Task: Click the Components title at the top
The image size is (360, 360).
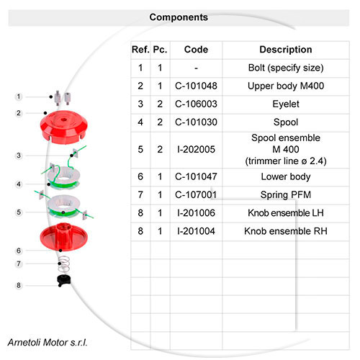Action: pyautogui.click(x=179, y=17)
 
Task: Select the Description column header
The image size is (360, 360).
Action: pyautogui.click(x=286, y=50)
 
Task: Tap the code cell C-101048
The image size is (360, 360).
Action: pyautogui.click(x=196, y=86)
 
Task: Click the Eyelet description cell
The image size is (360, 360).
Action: pyautogui.click(x=286, y=104)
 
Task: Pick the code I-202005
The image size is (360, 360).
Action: pyautogui.click(x=196, y=150)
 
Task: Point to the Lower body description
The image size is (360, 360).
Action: pyautogui.click(x=286, y=177)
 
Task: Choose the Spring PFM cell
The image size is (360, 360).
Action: pyautogui.click(x=286, y=194)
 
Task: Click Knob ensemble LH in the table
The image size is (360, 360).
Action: pyautogui.click(x=286, y=213)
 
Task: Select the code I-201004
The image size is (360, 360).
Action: pyautogui.click(x=196, y=231)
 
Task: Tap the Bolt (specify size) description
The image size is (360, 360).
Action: pyautogui.click(x=286, y=68)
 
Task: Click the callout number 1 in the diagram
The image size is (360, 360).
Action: pyautogui.click(x=19, y=96)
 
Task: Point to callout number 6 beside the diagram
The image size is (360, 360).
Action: pyautogui.click(x=19, y=251)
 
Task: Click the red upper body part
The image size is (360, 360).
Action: pyautogui.click(x=64, y=127)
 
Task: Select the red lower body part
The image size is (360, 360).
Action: pyautogui.click(x=64, y=237)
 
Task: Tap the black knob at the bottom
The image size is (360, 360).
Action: pyautogui.click(x=64, y=280)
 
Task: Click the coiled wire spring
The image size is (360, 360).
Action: pyautogui.click(x=64, y=264)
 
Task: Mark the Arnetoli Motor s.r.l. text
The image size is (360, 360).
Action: pyautogui.click(x=48, y=343)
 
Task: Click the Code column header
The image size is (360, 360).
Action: pyautogui.click(x=196, y=50)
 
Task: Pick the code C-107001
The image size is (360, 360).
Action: pyautogui.click(x=196, y=194)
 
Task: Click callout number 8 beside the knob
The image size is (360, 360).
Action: pyautogui.click(x=19, y=286)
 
